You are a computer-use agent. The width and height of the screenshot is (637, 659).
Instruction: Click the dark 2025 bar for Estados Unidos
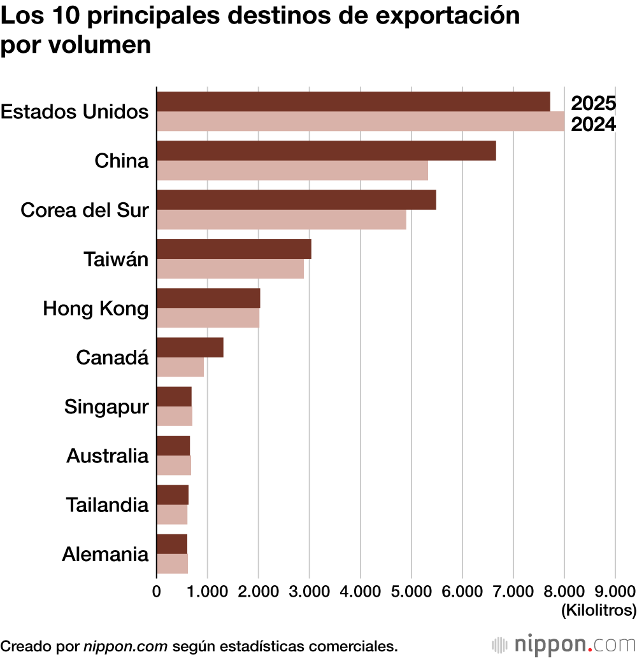353,102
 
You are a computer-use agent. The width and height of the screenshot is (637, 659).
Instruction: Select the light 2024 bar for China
292,170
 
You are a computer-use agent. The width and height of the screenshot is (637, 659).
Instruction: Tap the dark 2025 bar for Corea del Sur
296,200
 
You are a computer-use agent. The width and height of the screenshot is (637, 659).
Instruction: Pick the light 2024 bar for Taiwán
230,268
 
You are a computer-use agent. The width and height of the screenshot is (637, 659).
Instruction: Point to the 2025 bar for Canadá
190,347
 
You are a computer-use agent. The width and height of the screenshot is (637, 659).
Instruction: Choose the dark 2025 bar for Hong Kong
208,298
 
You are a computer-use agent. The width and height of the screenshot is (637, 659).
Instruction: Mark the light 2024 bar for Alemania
172,564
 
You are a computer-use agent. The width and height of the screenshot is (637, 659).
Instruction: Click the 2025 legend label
593,103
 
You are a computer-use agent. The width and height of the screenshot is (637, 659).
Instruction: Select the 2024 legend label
593,125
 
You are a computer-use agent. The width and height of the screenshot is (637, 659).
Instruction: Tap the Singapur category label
106,406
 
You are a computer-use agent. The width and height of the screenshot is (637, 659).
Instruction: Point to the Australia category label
107,455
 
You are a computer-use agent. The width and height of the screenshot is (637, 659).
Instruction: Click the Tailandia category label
107,505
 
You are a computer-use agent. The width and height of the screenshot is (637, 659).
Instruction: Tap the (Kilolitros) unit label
598,611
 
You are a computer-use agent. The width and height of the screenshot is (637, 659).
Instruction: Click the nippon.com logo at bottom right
564,644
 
